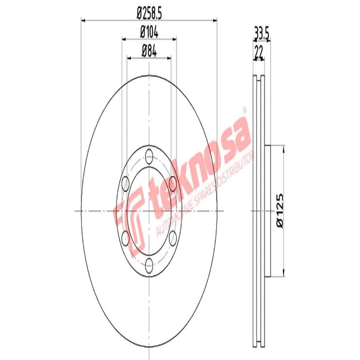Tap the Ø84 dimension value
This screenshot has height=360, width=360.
[149, 51]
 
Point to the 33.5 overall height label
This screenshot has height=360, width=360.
[261, 34]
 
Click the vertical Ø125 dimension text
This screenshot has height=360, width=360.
[280, 210]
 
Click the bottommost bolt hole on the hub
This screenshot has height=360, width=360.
[149, 263]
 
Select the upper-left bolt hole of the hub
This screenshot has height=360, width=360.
[126, 184]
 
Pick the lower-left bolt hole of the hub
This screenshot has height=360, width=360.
[126, 237]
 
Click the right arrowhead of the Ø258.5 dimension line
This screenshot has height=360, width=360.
[215, 19]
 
